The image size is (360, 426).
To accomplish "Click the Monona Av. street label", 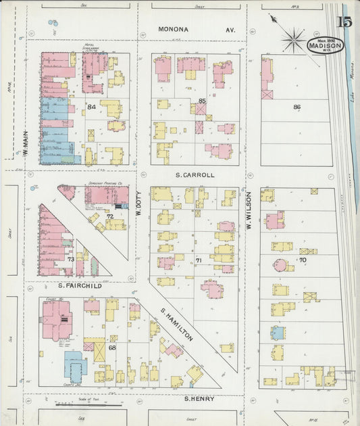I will point(197,30).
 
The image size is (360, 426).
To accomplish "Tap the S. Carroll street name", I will point(195,174).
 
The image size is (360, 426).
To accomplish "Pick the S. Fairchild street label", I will point(79,285).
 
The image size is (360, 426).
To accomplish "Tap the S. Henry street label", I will point(200,399).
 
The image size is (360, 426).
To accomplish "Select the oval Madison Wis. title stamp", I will point(325,45).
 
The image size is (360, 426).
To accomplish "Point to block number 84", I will point(91,106).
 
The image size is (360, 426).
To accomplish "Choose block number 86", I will point(297,107).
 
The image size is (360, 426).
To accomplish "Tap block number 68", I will point(112,348).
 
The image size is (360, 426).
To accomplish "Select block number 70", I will point(303,260).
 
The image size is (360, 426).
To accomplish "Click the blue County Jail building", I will point(75,365).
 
